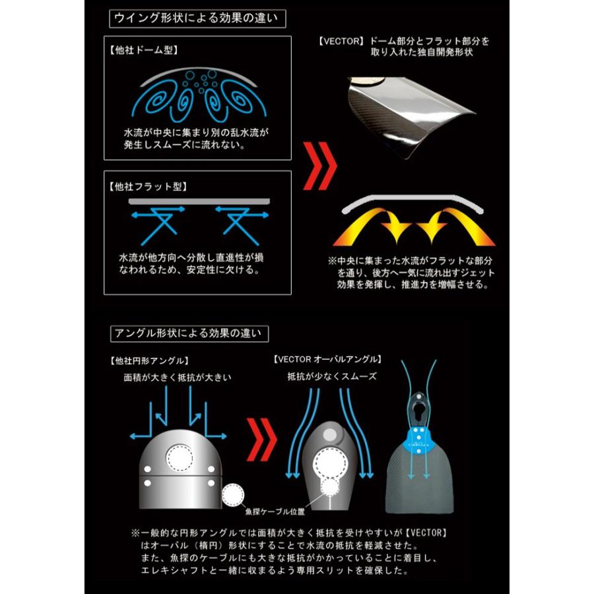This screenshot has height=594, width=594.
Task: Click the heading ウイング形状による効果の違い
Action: [197, 18]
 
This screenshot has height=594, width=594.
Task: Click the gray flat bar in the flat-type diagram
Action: [199, 200]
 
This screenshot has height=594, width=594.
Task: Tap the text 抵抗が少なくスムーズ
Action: [331, 377]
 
